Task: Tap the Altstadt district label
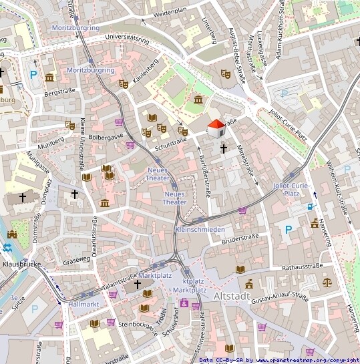232,295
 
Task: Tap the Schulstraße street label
170,142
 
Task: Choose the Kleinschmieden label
200,229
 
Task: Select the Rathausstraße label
302,266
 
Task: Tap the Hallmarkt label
83,304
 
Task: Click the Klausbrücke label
22,264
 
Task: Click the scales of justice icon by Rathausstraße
327,281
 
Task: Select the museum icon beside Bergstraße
49,77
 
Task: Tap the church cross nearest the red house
224,148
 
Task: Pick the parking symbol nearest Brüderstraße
289,229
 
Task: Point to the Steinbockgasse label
136,329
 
